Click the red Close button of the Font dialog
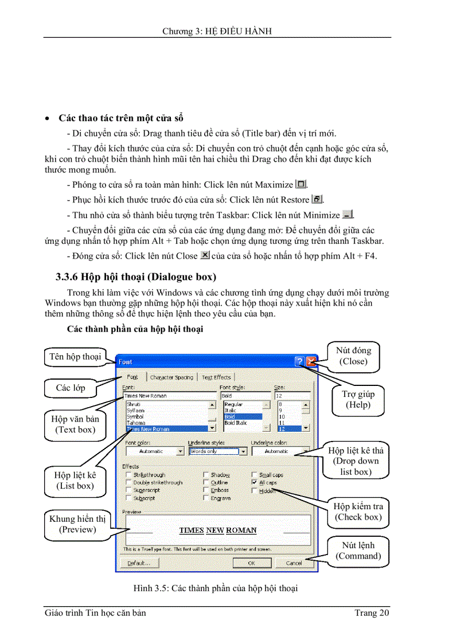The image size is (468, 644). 311,361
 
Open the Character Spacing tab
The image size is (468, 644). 171,377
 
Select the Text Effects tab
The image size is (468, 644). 216,377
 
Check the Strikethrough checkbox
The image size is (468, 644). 128,475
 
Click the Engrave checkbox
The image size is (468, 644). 206,498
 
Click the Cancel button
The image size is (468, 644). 294,563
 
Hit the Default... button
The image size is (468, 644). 139,563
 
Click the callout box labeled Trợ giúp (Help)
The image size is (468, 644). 358,399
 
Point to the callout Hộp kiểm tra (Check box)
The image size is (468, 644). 358,512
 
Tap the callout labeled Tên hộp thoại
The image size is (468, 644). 75,357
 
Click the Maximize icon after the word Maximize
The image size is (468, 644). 301,185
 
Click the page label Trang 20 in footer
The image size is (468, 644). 372,613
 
